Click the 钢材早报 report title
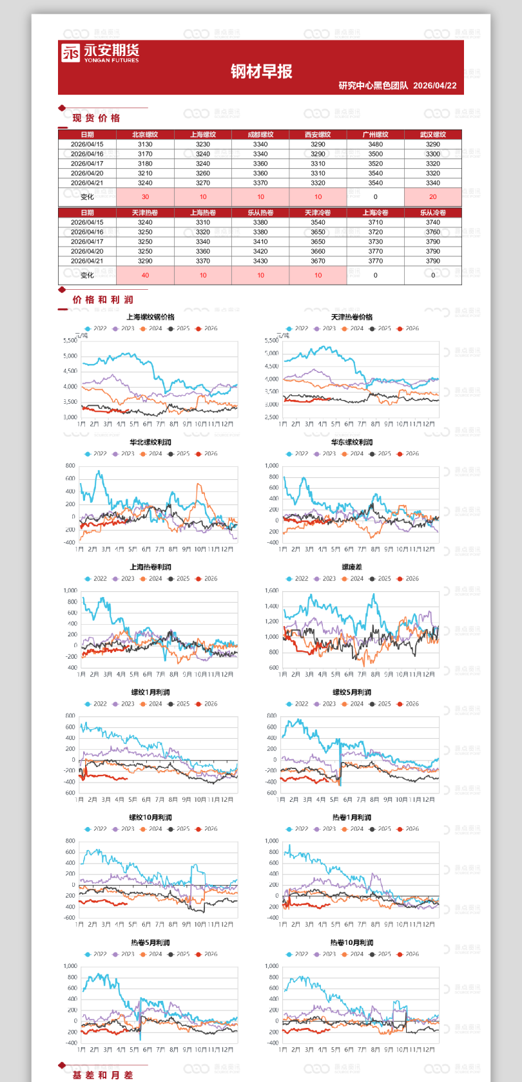click(x=261, y=71)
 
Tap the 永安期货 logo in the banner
click(x=100, y=53)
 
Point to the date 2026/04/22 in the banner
click(x=434, y=86)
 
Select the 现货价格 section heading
click(x=96, y=118)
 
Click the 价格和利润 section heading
click(x=102, y=299)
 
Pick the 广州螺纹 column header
click(x=375, y=135)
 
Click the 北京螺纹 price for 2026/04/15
click(x=145, y=144)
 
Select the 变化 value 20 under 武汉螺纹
click(x=432, y=197)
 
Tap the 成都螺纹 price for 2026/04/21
click(x=260, y=183)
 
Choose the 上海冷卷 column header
click(x=375, y=213)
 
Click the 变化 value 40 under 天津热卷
click(x=145, y=275)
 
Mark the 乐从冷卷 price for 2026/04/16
click(x=432, y=232)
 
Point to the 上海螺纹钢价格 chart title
click(x=150, y=317)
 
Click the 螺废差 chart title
click(x=352, y=567)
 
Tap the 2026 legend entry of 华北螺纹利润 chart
click(x=208, y=453)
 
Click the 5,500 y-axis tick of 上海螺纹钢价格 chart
click(x=70, y=340)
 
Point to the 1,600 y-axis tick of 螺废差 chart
click(x=271, y=591)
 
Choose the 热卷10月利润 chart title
click(x=352, y=943)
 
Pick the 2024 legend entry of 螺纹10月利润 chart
click(x=152, y=829)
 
